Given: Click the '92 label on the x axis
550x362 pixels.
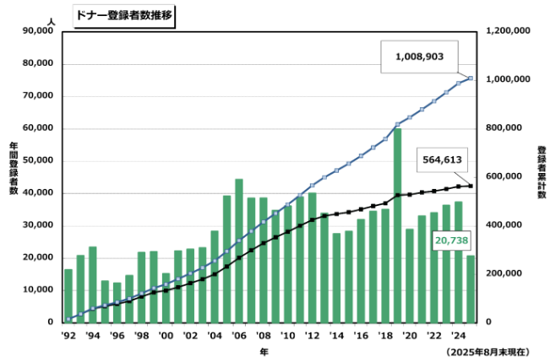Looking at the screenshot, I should point(68,335).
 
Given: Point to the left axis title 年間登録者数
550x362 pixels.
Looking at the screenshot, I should point(14,169).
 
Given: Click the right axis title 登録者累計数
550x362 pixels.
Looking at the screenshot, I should point(541,173).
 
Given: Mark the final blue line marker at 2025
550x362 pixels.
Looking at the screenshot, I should point(471,78).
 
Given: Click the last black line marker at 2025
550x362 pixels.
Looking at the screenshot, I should point(471,186).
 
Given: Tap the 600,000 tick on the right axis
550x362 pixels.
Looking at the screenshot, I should point(509,176).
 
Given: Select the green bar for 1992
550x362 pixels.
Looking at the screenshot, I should point(68,295).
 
